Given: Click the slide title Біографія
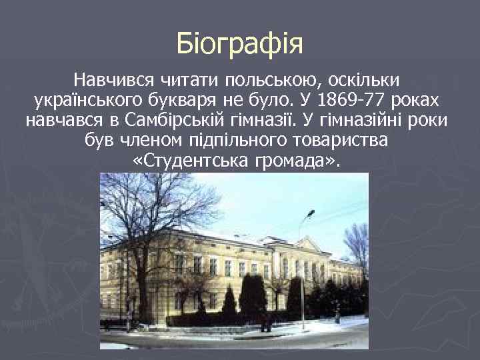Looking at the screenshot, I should point(240,44).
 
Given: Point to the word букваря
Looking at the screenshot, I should point(191,101).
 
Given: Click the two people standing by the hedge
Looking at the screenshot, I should point(265,323).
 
